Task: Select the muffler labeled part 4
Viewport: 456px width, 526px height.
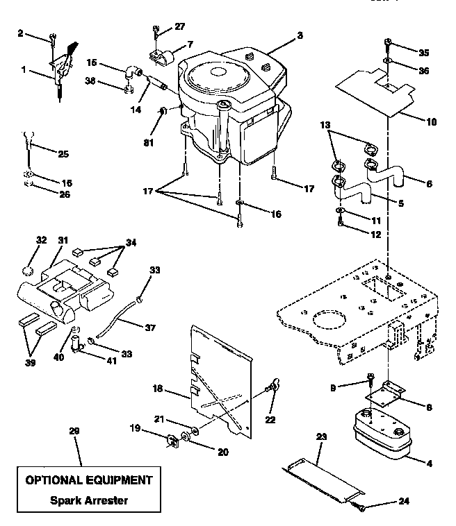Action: point(380,434)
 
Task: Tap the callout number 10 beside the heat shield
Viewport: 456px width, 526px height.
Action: point(431,121)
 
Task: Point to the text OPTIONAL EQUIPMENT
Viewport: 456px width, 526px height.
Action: point(88,480)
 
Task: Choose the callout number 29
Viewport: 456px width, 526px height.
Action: point(74,431)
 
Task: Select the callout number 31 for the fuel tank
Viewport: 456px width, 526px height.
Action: point(64,241)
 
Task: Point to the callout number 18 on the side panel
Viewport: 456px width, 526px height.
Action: point(157,389)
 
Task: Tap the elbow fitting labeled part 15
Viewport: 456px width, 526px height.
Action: point(132,71)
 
